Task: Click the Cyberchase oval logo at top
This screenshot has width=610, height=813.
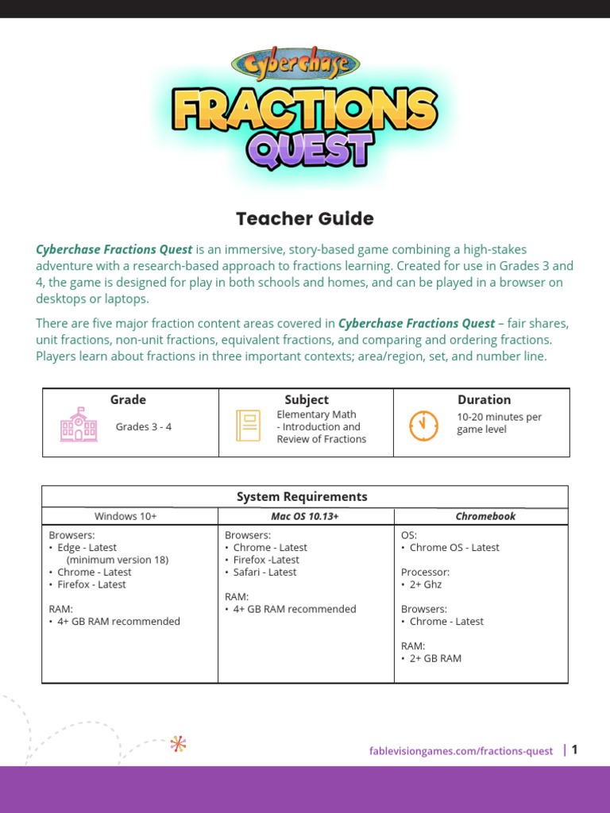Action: coord(295,64)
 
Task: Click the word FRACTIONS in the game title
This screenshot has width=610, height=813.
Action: coord(305,110)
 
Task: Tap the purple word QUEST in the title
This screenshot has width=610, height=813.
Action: coord(310,148)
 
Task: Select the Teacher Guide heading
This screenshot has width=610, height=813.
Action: coord(305,218)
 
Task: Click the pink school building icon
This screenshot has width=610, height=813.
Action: coord(79,426)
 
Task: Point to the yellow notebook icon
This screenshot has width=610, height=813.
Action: coord(248,426)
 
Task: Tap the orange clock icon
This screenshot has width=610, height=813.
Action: coord(423,426)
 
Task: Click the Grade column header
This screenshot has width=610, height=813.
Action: coord(128,399)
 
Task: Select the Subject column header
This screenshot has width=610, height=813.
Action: coord(307,399)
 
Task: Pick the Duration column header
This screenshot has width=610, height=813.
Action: coord(484,399)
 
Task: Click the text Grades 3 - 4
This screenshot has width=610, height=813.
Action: coord(144,426)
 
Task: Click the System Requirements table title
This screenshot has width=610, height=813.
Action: coord(302,496)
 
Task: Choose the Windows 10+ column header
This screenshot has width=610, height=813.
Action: coord(125,516)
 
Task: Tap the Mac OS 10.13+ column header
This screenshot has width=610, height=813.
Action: coord(305,516)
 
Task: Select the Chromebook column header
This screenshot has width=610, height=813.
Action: coord(485,516)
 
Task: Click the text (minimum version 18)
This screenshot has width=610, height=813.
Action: coord(118,559)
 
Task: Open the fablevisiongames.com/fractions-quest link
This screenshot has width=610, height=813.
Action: coord(461,751)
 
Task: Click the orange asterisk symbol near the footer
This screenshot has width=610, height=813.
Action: coord(178,744)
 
